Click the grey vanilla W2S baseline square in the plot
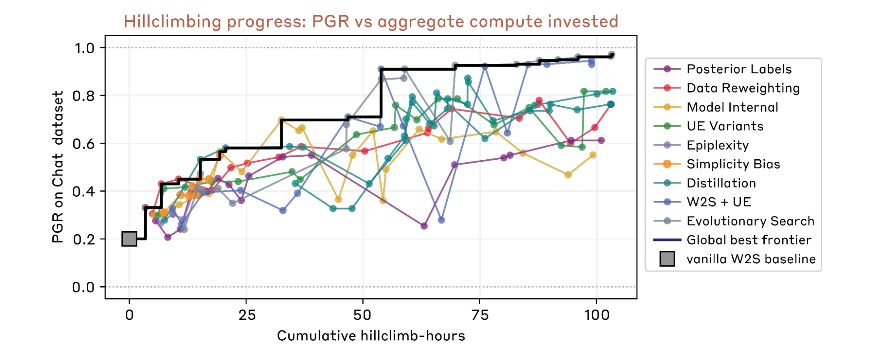[x=129, y=239]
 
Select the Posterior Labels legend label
[x=739, y=69]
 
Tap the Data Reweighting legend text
[x=743, y=88]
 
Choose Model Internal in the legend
[x=732, y=107]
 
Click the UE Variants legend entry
[x=725, y=126]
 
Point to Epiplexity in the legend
[x=718, y=145]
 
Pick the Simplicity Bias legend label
[x=733, y=164]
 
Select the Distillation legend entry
[x=721, y=183]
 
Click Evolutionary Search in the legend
[x=750, y=221]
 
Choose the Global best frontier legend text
[x=749, y=240]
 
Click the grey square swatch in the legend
[x=667, y=259]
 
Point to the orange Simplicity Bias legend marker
[x=667, y=164]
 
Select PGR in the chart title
[x=330, y=21]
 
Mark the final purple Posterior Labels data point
[x=601, y=140]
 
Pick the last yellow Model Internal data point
[x=593, y=155]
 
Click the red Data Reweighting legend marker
[x=667, y=88]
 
